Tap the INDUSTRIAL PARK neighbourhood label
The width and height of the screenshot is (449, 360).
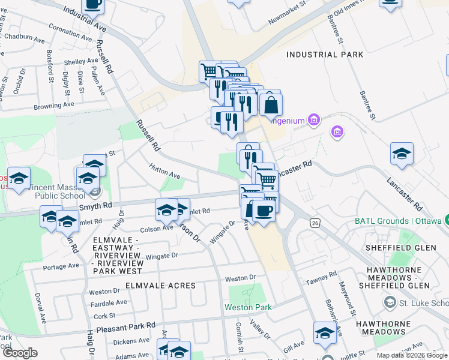click(x=325, y=55)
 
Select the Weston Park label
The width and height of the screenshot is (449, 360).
click(x=248, y=307)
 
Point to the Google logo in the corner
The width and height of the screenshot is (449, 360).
click(x=20, y=353)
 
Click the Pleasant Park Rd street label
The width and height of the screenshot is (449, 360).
click(x=127, y=325)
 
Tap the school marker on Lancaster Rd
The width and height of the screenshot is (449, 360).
click(x=402, y=154)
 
